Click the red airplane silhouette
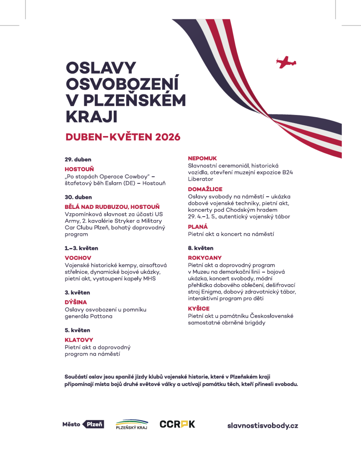pyautogui.click(x=286, y=62)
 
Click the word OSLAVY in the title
pyautogui.click(x=101, y=68)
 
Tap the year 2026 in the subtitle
pyautogui.click(x=168, y=137)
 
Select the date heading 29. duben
pyautogui.click(x=78, y=160)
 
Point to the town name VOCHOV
pyautogui.click(x=78, y=258)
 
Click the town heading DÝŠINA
pyautogui.click(x=76, y=302)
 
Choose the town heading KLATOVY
pyautogui.click(x=79, y=340)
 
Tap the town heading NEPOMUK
pyautogui.click(x=202, y=159)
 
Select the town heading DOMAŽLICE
pyautogui.click(x=205, y=189)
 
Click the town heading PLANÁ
pyautogui.click(x=198, y=227)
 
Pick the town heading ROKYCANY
pyautogui.click(x=205, y=258)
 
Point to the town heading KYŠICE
pyautogui.click(x=199, y=309)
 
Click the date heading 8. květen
pyautogui.click(x=200, y=248)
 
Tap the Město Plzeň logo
pyautogui.click(x=83, y=424)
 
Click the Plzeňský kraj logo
pyautogui.click(x=132, y=424)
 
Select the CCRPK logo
pyautogui.click(x=177, y=424)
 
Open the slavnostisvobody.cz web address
pyautogui.click(x=262, y=426)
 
